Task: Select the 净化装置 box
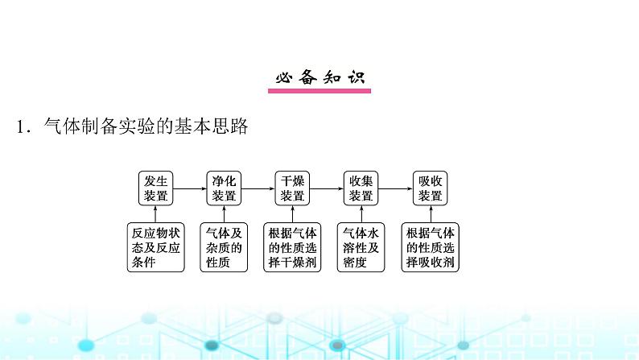click(224, 188)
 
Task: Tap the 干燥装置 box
click(292, 188)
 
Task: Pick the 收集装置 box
click(361, 188)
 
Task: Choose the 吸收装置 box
click(430, 188)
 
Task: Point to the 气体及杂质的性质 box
click(224, 247)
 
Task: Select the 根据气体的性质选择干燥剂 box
click(292, 247)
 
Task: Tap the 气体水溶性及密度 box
click(361, 247)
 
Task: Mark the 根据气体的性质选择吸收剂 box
click(430, 247)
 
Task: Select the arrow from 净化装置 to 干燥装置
click(258, 189)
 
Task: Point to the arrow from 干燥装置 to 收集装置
click(326, 189)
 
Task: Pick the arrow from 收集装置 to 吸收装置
click(394, 189)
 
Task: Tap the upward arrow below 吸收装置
click(430, 213)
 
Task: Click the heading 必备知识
click(319, 78)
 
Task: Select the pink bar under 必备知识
click(319, 91)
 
